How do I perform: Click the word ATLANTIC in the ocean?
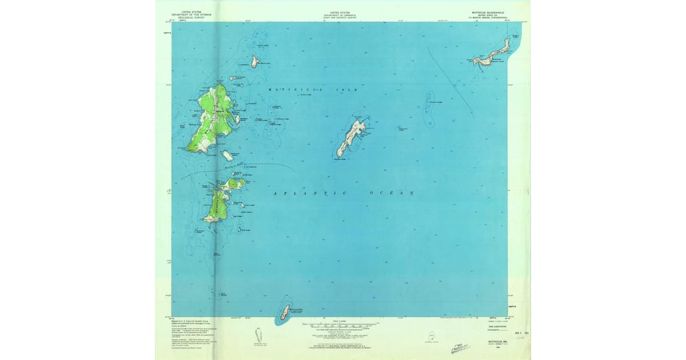(x=309, y=194)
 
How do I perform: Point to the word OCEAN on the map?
(x=392, y=194)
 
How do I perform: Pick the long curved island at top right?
(x=492, y=55)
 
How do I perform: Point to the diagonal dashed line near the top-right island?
(x=452, y=80)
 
